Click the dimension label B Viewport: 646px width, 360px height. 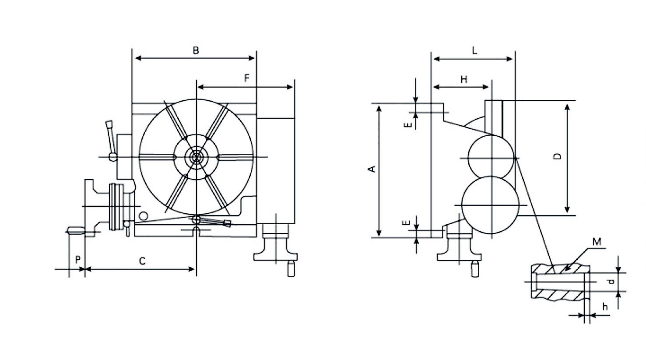196,50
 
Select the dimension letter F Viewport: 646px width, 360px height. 246,78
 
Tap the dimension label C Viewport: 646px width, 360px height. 142,261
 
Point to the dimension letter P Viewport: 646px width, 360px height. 77,260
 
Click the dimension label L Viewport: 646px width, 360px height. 474,51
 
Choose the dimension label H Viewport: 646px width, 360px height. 464,79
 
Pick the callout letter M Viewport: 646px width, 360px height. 597,242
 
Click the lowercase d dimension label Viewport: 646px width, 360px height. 611,282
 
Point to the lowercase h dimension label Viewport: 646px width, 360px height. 605,307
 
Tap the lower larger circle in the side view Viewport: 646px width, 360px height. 490,205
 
